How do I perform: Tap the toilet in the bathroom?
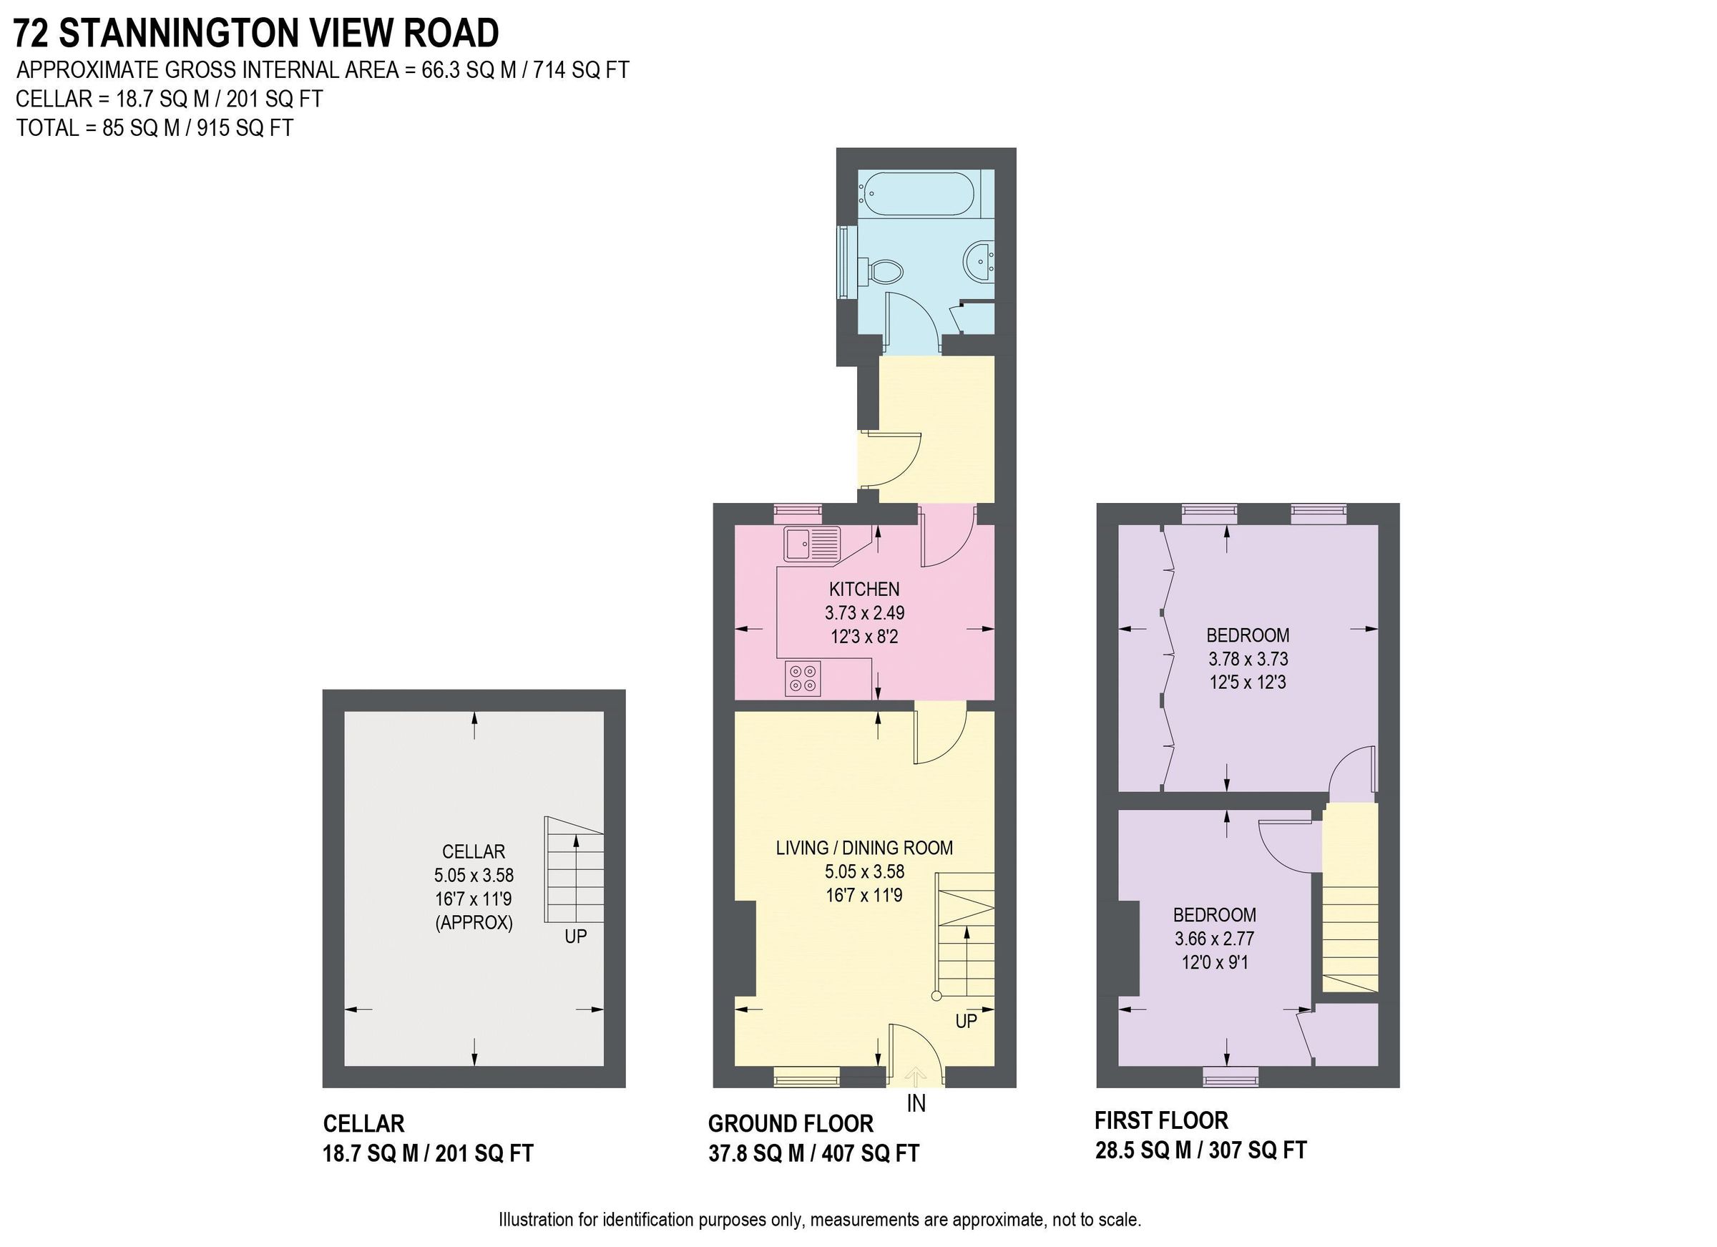[x=882, y=270]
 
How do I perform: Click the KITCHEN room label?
[x=864, y=589]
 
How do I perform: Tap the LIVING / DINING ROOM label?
[x=864, y=848]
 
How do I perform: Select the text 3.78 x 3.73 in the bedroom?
[x=1248, y=659]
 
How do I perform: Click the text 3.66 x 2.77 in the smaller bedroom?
[x=1214, y=939]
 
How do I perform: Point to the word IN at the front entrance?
[x=916, y=1104]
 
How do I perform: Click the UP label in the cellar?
[x=575, y=937]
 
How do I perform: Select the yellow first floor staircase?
[x=1350, y=901]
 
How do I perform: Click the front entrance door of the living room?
[x=914, y=1057]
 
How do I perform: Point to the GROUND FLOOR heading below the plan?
[x=791, y=1123]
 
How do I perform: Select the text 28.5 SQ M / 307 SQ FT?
[x=1200, y=1150]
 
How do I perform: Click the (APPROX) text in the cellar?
[x=474, y=923]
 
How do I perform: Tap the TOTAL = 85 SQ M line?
[x=155, y=128]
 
